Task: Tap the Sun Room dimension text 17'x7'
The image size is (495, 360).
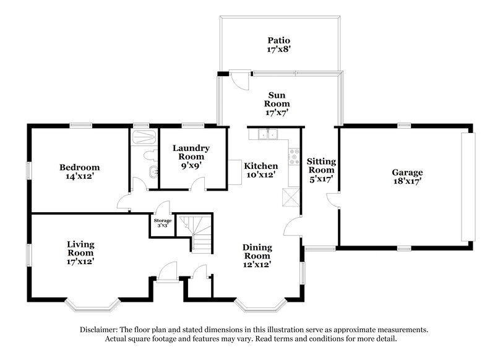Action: (x=278, y=113)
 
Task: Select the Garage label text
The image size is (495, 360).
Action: (x=407, y=172)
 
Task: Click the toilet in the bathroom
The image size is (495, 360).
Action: (x=146, y=155)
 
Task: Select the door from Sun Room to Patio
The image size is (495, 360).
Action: (x=239, y=81)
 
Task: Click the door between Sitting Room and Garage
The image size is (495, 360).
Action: (x=333, y=200)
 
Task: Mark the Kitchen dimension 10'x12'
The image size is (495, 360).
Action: (x=260, y=175)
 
